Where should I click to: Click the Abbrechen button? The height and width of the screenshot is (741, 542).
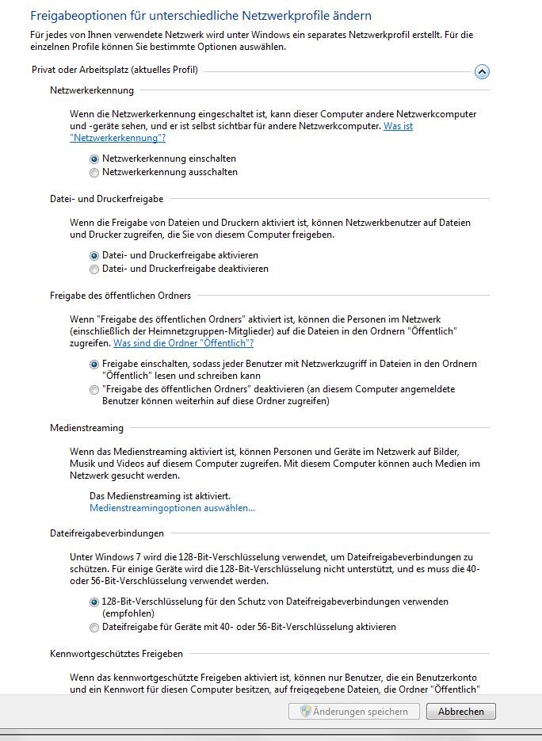pyautogui.click(x=460, y=712)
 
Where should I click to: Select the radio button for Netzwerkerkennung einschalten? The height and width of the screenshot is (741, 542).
pyautogui.click(x=95, y=159)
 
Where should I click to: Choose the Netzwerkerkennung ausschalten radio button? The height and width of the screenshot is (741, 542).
pyautogui.click(x=95, y=172)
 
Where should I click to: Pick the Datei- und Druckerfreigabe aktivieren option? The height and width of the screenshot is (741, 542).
pyautogui.click(x=95, y=256)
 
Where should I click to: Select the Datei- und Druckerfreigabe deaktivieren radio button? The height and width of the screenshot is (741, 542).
pyautogui.click(x=95, y=269)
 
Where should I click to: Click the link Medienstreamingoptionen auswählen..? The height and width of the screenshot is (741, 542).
pyautogui.click(x=173, y=508)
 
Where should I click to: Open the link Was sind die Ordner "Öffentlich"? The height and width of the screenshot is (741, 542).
pyautogui.click(x=183, y=343)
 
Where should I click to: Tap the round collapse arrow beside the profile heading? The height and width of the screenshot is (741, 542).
pyautogui.click(x=482, y=72)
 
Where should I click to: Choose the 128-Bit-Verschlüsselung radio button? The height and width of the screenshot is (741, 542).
pyautogui.click(x=95, y=602)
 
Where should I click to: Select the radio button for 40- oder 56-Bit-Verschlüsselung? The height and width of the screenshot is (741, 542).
pyautogui.click(x=95, y=628)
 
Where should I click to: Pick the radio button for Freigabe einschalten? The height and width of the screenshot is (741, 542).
pyautogui.click(x=95, y=364)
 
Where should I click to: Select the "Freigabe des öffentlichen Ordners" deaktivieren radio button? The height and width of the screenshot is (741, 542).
pyautogui.click(x=95, y=390)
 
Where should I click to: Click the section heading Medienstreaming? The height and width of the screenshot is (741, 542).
pyautogui.click(x=86, y=428)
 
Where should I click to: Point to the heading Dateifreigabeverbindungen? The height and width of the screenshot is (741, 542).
pyautogui.click(x=107, y=533)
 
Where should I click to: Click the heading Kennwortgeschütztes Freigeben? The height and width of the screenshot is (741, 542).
pyautogui.click(x=116, y=654)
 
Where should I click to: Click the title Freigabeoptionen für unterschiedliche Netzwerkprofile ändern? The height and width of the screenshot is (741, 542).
pyautogui.click(x=200, y=16)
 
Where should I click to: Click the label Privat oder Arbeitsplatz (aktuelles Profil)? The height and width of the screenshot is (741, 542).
pyautogui.click(x=115, y=71)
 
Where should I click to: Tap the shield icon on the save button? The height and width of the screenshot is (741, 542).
pyautogui.click(x=305, y=712)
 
